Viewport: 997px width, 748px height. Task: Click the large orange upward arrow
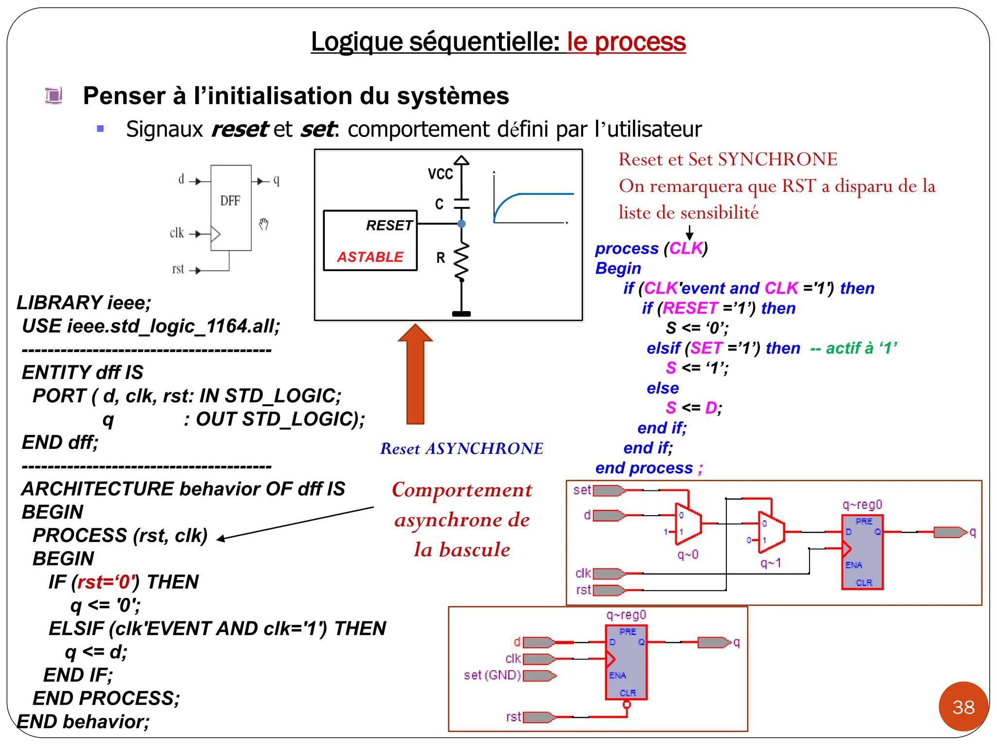[415, 375]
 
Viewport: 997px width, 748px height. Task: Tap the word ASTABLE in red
[370, 257]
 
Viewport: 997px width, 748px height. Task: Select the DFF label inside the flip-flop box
[230, 201]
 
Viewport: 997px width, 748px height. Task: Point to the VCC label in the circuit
[440, 174]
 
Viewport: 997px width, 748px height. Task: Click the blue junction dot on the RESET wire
[462, 224]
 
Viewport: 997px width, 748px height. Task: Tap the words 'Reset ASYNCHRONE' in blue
[462, 449]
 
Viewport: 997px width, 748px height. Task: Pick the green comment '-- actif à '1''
[853, 348]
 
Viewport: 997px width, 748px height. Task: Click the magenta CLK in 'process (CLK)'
[686, 248]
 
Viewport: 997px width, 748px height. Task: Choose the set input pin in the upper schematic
[609, 490]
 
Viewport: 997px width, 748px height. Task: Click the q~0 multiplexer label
[688, 555]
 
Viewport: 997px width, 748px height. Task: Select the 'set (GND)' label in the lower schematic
[492, 675]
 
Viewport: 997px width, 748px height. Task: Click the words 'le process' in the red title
[627, 42]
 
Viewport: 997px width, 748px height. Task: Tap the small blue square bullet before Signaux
[101, 129]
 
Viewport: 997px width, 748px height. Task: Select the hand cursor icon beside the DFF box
[263, 224]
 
